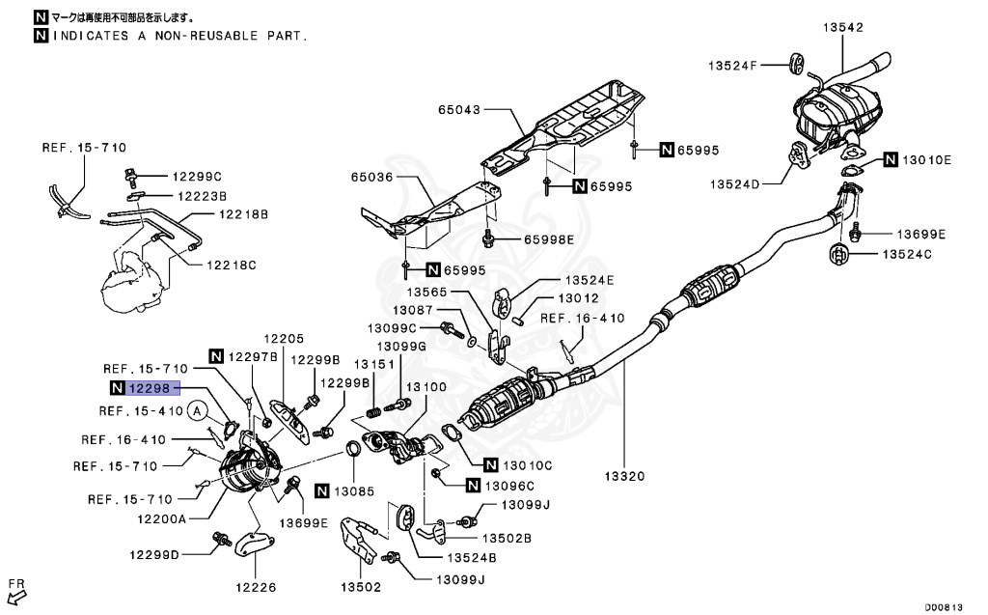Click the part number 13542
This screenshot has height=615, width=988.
[x=842, y=28]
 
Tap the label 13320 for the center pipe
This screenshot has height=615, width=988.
[x=624, y=476]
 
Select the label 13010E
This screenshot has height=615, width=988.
[x=927, y=159]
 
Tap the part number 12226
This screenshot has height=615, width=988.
[x=257, y=586]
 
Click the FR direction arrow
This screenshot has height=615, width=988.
[x=17, y=589]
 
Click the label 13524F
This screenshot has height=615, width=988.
[x=733, y=66]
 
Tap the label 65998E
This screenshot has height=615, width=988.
[x=549, y=238]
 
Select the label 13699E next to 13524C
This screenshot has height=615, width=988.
[x=920, y=234]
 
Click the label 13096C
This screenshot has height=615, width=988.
[x=508, y=485]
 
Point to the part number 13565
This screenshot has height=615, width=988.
[x=430, y=291]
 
